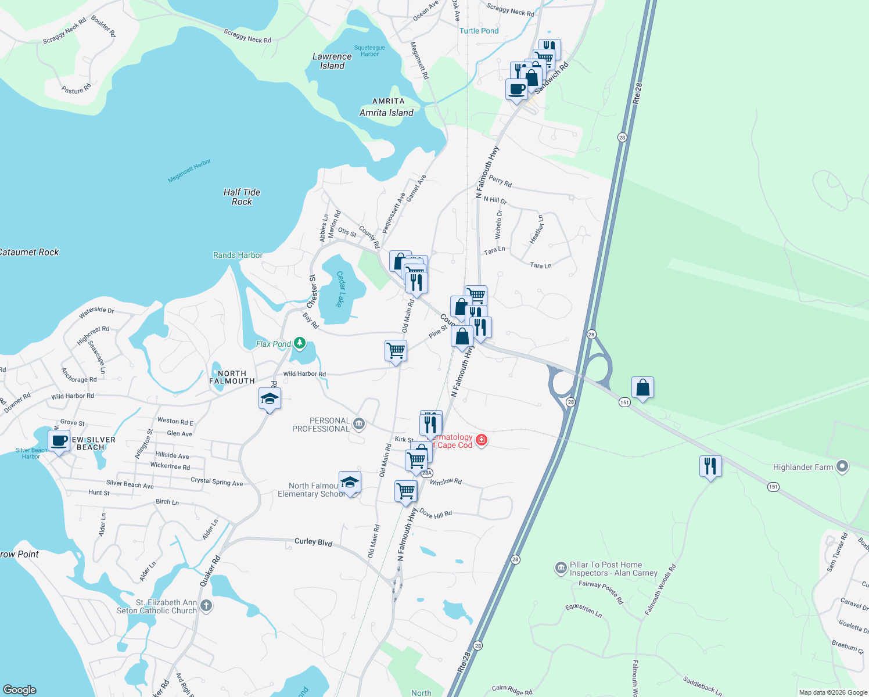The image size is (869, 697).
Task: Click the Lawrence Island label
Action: click(x=332, y=61)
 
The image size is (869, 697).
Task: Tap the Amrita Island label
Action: click(x=387, y=113)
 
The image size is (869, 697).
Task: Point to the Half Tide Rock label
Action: click(x=242, y=197)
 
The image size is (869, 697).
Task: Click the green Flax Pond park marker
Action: click(x=300, y=343)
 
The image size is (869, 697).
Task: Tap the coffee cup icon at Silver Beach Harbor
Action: click(x=59, y=441)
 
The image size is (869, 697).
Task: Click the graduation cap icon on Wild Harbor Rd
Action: click(x=270, y=399)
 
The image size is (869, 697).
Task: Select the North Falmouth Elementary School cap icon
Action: click(x=350, y=482)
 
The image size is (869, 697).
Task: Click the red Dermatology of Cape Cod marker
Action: click(x=481, y=440)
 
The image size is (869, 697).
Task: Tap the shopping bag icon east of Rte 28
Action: click(x=642, y=387)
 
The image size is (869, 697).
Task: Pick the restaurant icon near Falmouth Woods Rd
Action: click(x=710, y=466)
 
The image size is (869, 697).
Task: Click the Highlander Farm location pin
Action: click(x=842, y=466)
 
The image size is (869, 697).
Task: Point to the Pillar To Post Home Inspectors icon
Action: click(x=561, y=568)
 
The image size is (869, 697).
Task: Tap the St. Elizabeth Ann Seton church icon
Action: click(x=206, y=606)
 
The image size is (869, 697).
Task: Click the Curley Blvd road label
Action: click(x=313, y=542)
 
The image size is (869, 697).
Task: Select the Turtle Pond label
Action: click(x=479, y=31)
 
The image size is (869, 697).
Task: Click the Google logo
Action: click(x=20, y=689)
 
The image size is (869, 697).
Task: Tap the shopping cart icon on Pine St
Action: click(x=396, y=350)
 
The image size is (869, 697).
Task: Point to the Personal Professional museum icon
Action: click(x=359, y=425)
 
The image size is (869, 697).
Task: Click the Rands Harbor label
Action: click(x=238, y=255)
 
